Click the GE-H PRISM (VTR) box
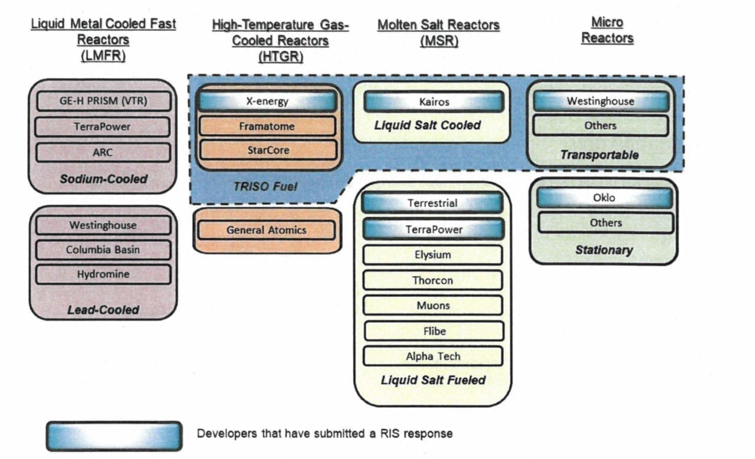[x=103, y=101]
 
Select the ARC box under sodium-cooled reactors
[x=103, y=152]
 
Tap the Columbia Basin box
[x=103, y=250]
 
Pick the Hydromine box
[x=103, y=274]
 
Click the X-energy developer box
[x=267, y=101]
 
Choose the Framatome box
[x=267, y=126]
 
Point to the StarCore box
[x=267, y=150]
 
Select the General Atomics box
[x=267, y=230]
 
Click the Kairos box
[x=434, y=101]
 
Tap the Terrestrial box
[x=432, y=203]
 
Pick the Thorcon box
[x=432, y=280]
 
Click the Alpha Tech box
[x=432, y=356]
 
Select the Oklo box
[x=604, y=198]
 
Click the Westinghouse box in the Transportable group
[x=600, y=101]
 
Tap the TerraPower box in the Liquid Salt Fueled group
[x=432, y=229]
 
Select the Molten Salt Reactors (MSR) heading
[x=438, y=33]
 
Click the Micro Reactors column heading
[x=607, y=30]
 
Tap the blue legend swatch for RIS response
[x=114, y=436]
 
